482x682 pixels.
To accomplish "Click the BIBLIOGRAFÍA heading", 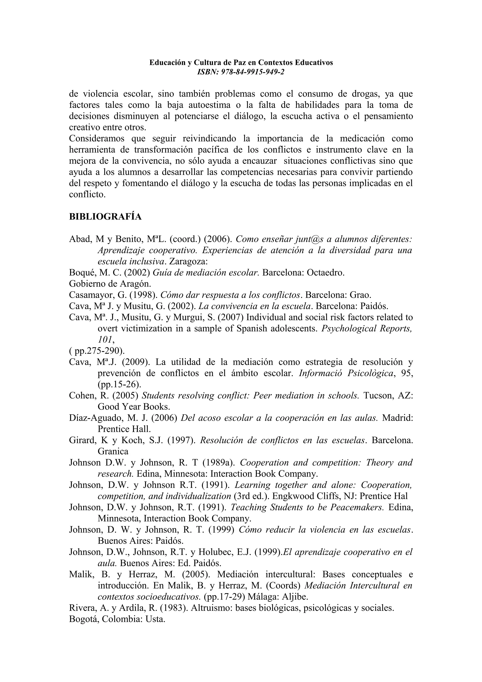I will [105, 217].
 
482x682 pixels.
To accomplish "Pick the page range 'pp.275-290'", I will [98, 351].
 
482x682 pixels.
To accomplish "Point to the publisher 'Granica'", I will [113, 452].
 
